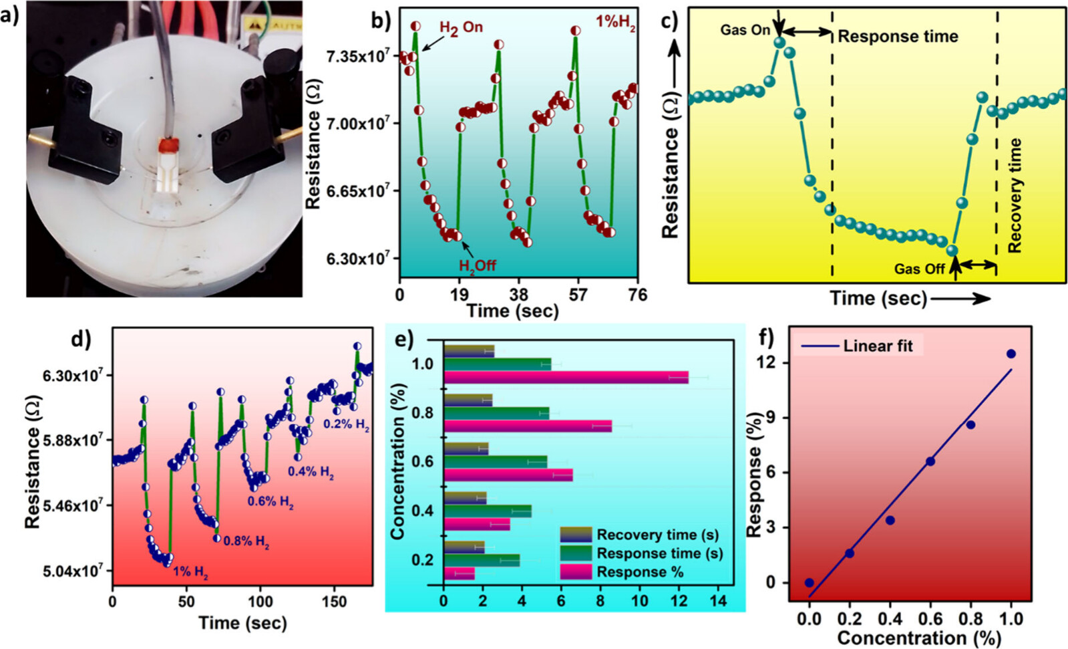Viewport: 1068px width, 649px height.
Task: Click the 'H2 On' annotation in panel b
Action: (x=460, y=27)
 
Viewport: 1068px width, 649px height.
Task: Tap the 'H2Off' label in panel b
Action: (x=477, y=265)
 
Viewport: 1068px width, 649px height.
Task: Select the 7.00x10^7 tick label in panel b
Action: (x=357, y=124)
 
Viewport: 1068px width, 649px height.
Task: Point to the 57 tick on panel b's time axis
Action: (x=578, y=295)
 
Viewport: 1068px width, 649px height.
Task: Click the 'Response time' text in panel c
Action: (x=898, y=37)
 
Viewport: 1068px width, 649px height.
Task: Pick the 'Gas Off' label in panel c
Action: (x=919, y=269)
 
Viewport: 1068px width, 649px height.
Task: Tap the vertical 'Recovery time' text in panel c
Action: (x=1015, y=195)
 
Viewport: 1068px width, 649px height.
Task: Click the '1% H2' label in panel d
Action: (x=190, y=572)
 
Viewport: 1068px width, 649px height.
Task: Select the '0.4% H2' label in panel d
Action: (x=311, y=472)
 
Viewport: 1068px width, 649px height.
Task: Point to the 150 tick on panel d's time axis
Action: (x=334, y=602)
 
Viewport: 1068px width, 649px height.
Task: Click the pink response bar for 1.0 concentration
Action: (x=565, y=378)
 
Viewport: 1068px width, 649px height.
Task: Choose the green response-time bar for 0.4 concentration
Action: (x=487, y=511)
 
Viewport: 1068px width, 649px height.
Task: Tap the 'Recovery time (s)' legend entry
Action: (x=657, y=535)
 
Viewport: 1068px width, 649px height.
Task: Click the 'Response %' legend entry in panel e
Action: (x=639, y=572)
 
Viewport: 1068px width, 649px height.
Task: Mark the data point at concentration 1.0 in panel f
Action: (x=1011, y=354)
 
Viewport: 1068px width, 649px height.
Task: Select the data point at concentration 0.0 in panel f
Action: (x=810, y=583)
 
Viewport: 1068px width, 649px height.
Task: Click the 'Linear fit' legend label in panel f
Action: (x=878, y=346)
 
